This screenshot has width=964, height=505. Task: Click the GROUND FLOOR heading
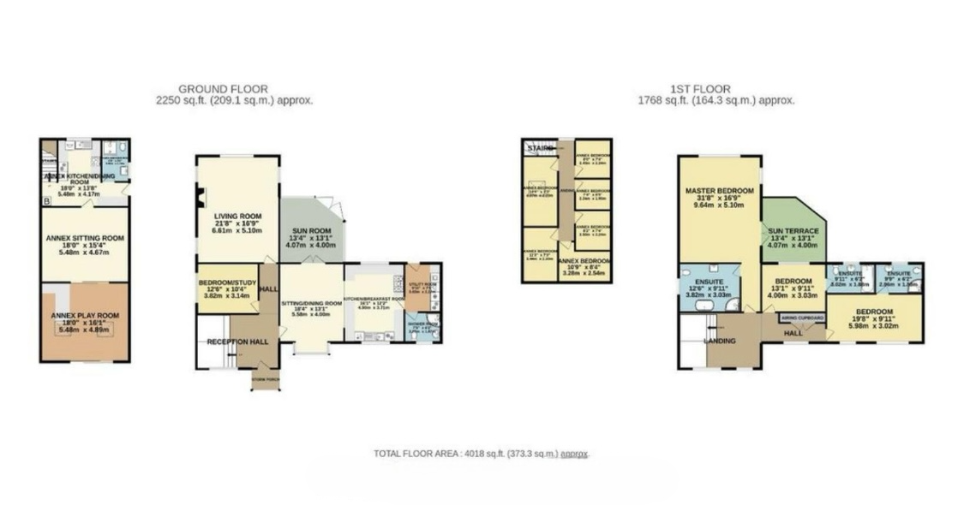222,88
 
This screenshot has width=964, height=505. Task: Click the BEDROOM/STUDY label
222,282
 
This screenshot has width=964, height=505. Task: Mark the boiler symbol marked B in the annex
45,201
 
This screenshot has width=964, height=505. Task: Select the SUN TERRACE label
793,231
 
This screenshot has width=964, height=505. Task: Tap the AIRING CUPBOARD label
802,318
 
